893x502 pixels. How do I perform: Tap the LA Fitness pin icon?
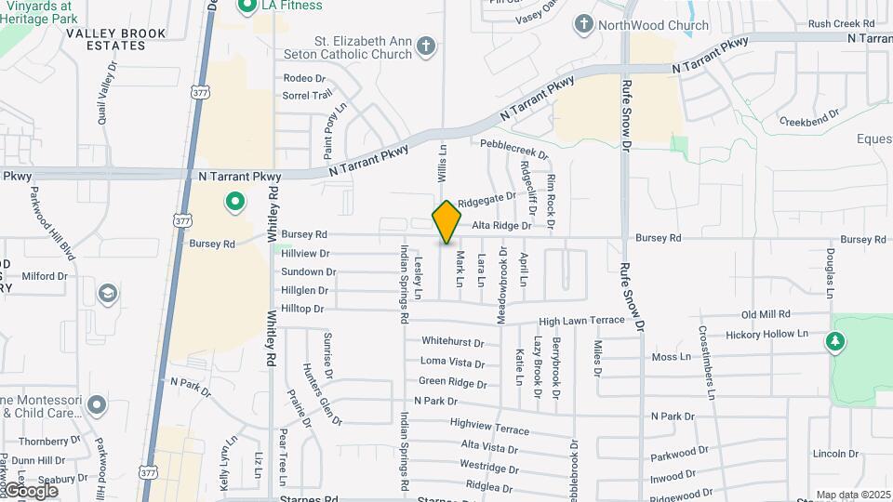coord(247,7)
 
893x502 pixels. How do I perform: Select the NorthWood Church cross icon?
coord(584,23)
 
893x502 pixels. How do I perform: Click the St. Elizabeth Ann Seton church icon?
coord(426,45)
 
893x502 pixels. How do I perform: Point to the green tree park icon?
coord(835,342)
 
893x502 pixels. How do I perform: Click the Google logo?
coord(31,490)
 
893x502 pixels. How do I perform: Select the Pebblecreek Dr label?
coord(514,149)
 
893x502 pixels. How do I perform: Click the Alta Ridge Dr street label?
coord(501,226)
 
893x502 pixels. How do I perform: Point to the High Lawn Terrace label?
coord(581,321)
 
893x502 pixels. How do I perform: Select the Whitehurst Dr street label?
coord(453,342)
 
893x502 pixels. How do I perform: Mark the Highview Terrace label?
coord(489,426)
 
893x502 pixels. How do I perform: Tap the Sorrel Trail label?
coord(307,95)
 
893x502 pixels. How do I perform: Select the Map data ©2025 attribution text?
coord(853,495)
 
